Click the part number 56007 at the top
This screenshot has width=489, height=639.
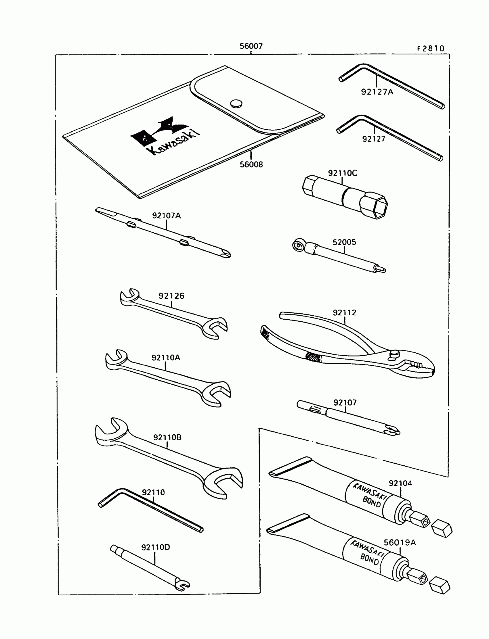pos(251,46)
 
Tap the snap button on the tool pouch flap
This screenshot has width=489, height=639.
pos(236,103)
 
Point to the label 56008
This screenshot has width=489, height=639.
pos(251,165)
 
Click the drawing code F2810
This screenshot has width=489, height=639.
pos(431,49)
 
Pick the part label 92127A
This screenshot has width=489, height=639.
pos(377,92)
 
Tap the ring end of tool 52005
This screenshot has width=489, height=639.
pos(298,245)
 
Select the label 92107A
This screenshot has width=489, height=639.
pos(167,216)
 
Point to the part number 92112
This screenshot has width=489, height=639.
pos(344,313)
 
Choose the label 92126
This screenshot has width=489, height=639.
pos(171,296)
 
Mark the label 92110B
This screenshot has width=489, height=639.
pos(167,437)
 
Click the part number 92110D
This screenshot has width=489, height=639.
pos(155,547)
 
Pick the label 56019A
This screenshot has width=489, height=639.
pos(400,543)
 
